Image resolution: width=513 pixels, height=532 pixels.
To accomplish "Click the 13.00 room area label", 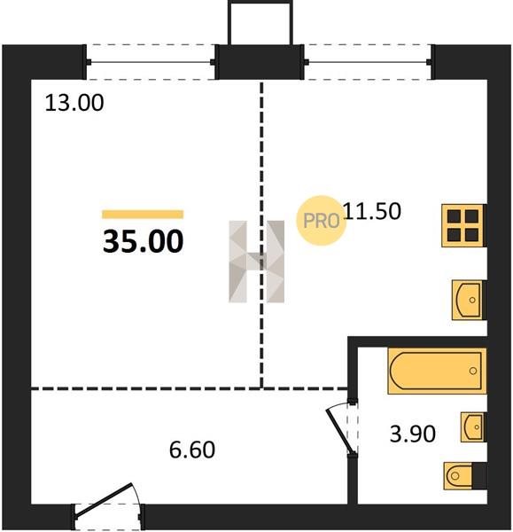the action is coord(74,103).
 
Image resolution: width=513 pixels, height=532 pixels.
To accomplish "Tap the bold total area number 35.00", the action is coord(143,241).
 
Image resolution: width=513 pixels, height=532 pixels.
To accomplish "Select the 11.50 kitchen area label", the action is coord(372,211).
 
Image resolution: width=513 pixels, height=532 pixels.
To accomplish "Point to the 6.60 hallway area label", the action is coord(192,450).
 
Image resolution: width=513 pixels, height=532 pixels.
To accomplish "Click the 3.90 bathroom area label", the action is coord(413,434).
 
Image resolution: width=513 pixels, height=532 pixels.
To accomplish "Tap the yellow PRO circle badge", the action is coord(321,221).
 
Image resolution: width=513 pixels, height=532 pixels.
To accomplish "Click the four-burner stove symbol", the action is coord(463,225).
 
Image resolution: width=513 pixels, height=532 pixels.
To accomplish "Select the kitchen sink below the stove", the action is coord(469,300).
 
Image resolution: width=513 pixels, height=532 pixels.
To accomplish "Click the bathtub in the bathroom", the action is coord(437,371).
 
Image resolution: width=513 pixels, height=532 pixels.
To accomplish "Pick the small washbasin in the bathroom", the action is coord(473,426).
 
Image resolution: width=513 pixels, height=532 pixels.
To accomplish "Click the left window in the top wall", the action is coord(151,62).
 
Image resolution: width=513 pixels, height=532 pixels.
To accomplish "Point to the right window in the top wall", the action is coord(369,62).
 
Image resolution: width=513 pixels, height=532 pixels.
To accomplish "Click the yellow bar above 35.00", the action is coord(143,215).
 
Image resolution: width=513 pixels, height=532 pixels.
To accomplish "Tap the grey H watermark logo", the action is coord(257,262).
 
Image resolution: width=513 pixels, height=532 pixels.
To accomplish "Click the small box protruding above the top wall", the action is coord(260,23).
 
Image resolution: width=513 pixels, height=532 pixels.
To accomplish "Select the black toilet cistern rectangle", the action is coord(479,476).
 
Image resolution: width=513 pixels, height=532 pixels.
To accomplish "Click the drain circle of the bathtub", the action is coord(472,371).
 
